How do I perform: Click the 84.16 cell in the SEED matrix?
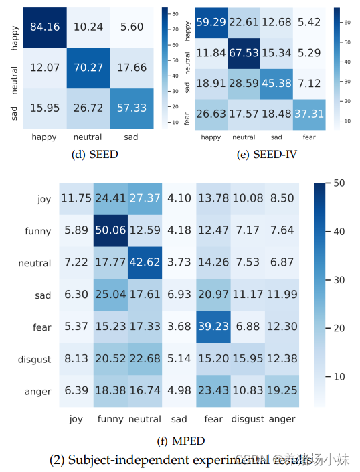(x=46, y=26)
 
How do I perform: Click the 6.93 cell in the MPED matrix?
(x=179, y=295)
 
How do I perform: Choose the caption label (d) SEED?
(x=94, y=153)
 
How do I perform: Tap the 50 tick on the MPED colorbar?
(x=339, y=183)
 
